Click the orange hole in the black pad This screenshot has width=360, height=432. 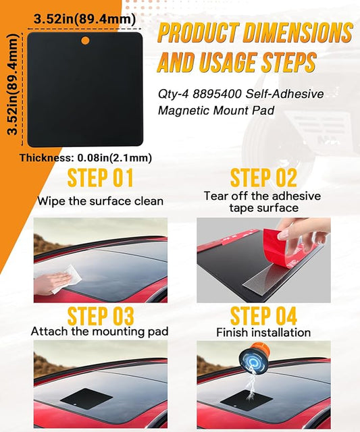tap(86, 40)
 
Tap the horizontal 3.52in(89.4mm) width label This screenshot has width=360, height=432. tap(84, 20)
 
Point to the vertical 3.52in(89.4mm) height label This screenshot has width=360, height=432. tap(12, 84)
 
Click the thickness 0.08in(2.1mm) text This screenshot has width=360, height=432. tap(86, 158)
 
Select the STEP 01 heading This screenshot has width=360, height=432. tap(101, 178)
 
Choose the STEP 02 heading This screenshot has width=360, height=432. tap(263, 178)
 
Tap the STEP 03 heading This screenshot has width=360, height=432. tap(101, 316)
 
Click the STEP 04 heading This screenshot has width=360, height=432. tap(263, 316)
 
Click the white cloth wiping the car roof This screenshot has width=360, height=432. tap(67, 278)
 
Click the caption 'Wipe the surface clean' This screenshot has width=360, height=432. tap(101, 201)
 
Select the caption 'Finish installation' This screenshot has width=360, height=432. tap(263, 333)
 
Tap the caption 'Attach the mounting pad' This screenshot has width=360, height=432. tap(100, 331)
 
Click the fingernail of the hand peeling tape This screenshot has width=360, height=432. tap(283, 234)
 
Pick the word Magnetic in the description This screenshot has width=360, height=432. tap(184, 111)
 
